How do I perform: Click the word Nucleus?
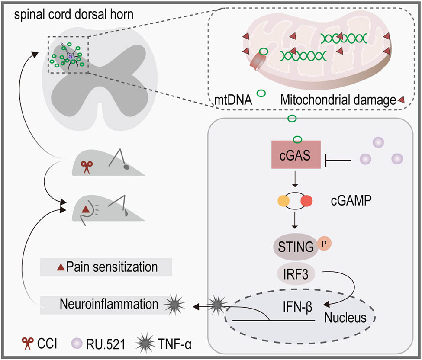pos(345,318)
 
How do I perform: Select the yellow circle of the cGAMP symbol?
pos(283,201)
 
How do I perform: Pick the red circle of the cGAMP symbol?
pos(306,201)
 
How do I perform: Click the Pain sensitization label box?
pos(106,267)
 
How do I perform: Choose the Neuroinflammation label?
pos(103,304)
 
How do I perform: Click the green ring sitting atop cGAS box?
pos(297,139)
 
